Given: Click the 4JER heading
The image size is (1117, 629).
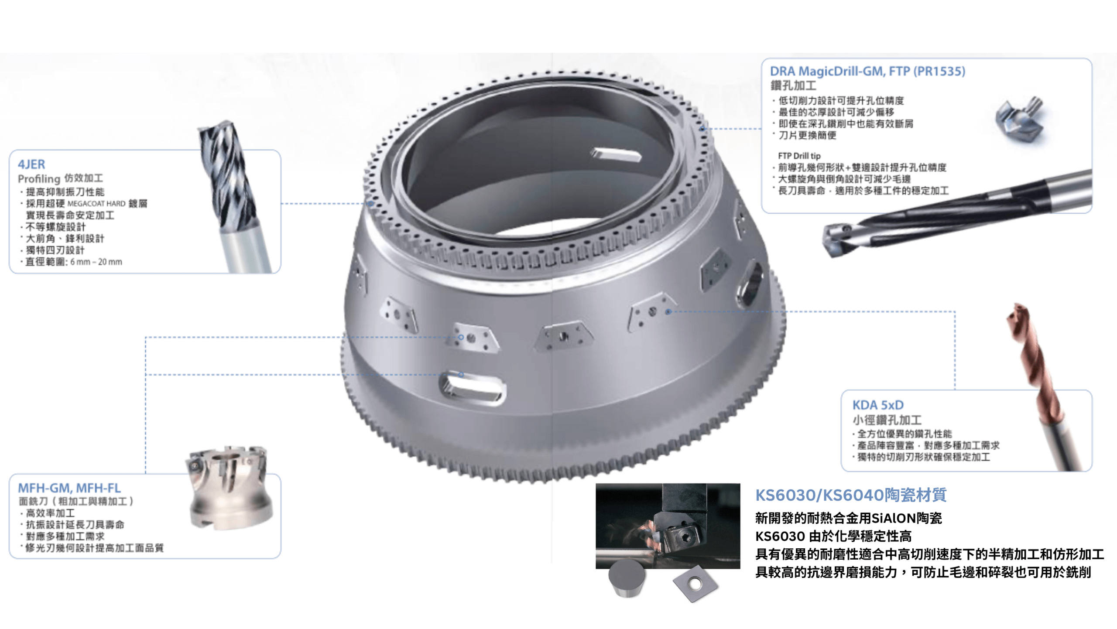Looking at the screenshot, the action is (31, 164).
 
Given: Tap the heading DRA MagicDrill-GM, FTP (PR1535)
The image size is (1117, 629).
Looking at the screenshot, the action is (867, 71).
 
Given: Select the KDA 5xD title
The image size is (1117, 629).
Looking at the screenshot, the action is (878, 405).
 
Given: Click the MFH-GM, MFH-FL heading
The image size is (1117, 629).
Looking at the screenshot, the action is (69, 488).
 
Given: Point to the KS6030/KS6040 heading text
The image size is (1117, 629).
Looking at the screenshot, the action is (851, 495).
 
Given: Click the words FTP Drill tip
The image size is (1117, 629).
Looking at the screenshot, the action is (799, 156).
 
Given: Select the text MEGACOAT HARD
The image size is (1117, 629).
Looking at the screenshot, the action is (96, 204).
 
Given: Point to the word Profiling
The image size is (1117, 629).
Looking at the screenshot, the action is (39, 179).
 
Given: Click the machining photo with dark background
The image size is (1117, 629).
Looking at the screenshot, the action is (668, 526).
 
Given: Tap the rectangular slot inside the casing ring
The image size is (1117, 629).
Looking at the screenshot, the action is (616, 155).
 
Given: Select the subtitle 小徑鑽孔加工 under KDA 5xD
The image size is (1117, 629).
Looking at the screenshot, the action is (887, 420).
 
